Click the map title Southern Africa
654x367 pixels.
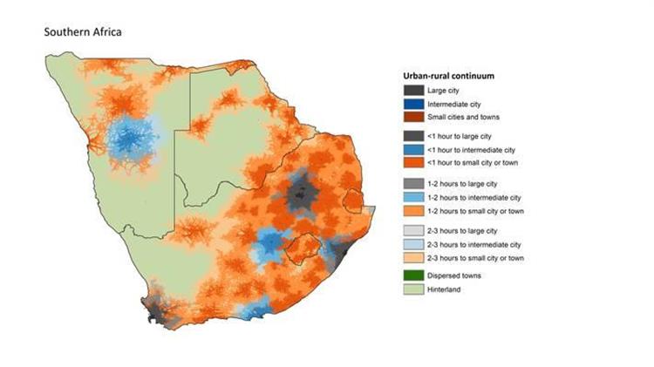pos(84,32)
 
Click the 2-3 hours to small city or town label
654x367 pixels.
pos(475,257)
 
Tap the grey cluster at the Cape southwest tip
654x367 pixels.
pos(157,309)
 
